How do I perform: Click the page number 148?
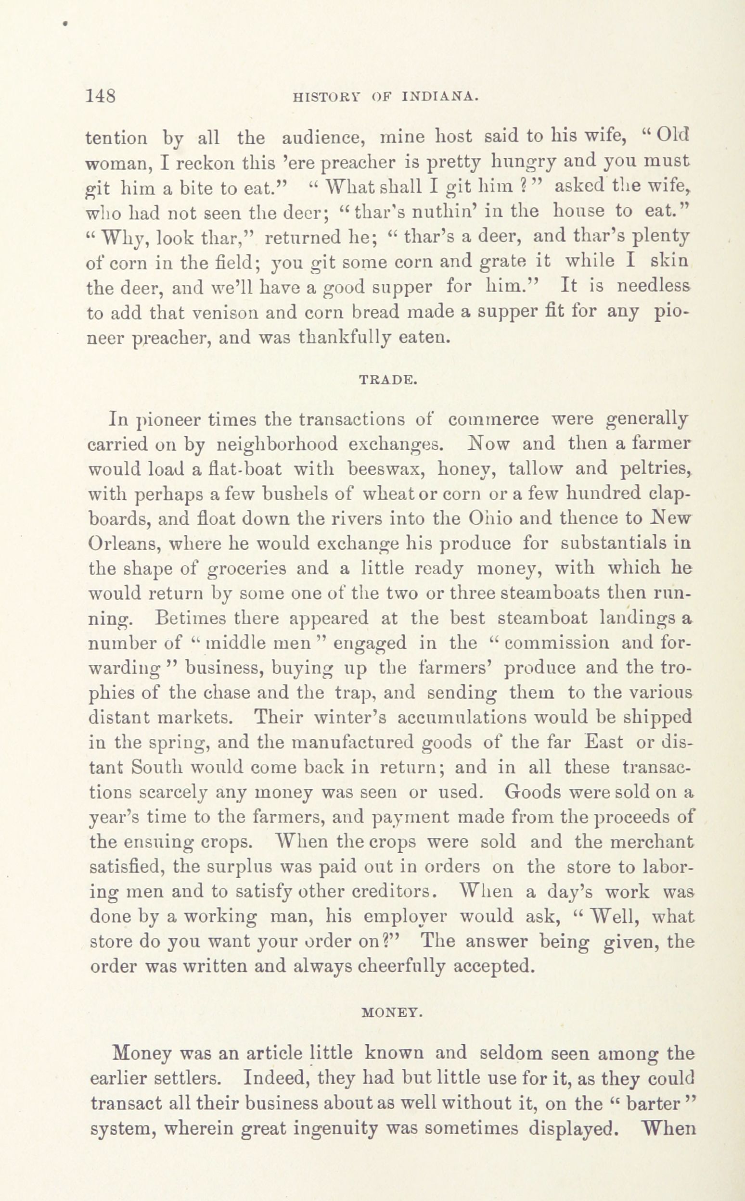click(101, 95)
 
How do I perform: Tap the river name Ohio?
click(487, 518)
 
